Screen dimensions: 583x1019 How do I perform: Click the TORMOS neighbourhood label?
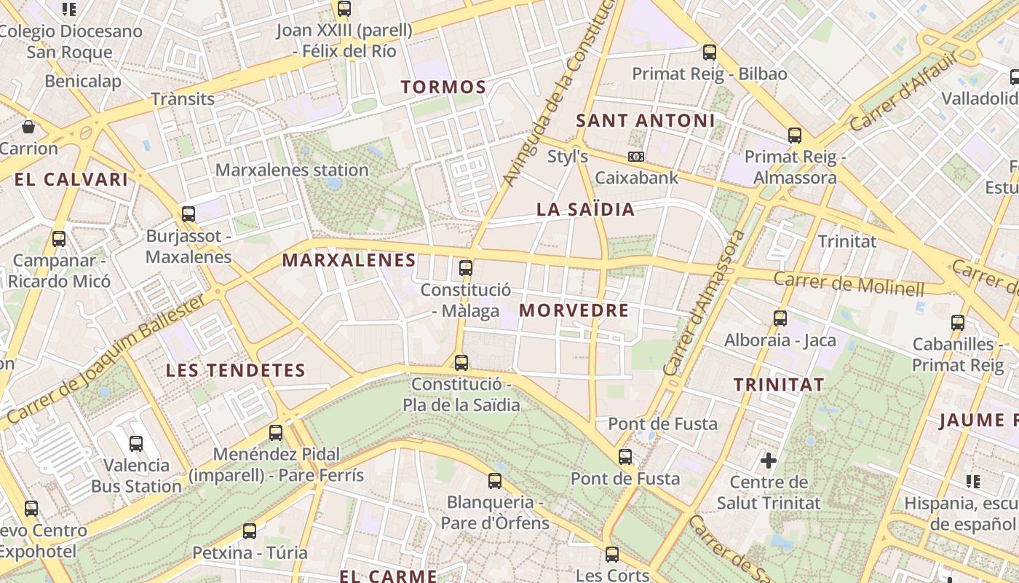pos(443,87)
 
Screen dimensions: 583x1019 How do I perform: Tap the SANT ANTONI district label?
pos(646,120)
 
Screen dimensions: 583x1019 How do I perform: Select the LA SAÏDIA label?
pos(585,210)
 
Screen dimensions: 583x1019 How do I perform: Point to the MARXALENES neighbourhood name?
pos(349,260)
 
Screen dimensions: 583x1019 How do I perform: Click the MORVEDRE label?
pos(574,310)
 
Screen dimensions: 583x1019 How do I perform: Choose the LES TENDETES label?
pos(236,370)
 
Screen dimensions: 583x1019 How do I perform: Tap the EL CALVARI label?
pos(71,179)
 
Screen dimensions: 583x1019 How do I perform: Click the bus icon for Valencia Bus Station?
pos(136,443)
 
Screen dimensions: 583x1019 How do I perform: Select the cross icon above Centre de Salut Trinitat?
pos(769,460)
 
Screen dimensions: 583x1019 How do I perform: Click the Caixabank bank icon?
pos(636,157)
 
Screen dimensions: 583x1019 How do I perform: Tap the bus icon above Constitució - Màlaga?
pos(466,267)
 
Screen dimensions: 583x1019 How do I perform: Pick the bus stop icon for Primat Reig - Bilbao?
pos(710,52)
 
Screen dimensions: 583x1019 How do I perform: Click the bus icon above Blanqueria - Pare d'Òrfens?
pos(495,480)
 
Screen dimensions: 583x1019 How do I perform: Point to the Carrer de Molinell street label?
pos(848,283)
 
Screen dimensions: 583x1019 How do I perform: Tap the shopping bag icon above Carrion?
pos(28,128)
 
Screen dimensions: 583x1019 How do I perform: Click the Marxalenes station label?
pos(293,171)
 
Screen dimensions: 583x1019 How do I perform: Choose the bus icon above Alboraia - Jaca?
pos(780,318)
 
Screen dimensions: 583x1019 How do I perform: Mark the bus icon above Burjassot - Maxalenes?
pos(189,214)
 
